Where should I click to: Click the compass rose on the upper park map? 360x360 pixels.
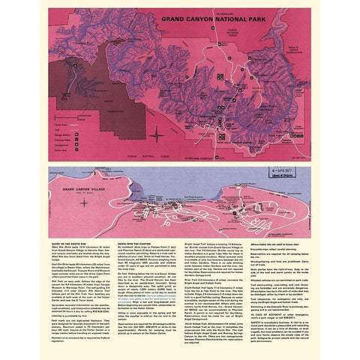tap(155, 136)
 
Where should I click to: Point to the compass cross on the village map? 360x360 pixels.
tap(84, 201)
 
